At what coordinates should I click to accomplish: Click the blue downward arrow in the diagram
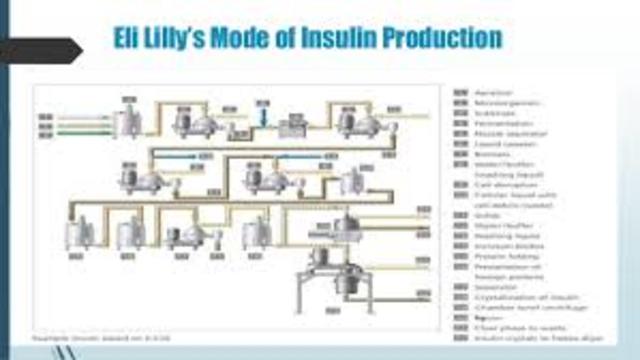263,117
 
